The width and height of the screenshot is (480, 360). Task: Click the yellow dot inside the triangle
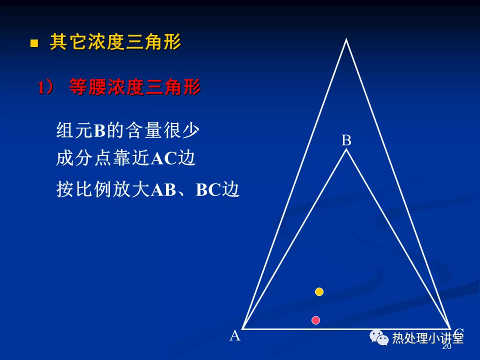pyautogui.click(x=319, y=291)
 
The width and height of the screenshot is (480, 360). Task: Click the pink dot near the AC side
pyautogui.click(x=315, y=320)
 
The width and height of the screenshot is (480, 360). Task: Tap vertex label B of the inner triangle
pyautogui.click(x=346, y=140)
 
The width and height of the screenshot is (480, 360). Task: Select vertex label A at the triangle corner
pyautogui.click(x=235, y=335)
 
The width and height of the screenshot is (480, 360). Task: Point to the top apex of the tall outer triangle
pyautogui.click(x=346, y=39)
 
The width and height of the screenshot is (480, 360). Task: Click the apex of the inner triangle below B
pyautogui.click(x=346, y=149)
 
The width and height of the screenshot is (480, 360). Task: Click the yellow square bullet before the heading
pyautogui.click(x=34, y=43)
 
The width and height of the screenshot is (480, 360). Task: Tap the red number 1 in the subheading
pyautogui.click(x=41, y=87)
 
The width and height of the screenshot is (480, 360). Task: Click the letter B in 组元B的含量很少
pyautogui.click(x=100, y=130)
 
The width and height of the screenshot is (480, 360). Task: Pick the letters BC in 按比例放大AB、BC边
pyautogui.click(x=208, y=190)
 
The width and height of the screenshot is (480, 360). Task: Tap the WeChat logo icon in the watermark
pyautogui.click(x=378, y=337)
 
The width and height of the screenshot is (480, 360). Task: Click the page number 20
pyautogui.click(x=447, y=346)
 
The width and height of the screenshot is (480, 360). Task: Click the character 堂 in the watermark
pyautogui.click(x=458, y=338)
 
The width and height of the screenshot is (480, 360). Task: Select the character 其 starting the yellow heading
pyautogui.click(x=59, y=42)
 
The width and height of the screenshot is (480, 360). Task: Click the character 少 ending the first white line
pyautogui.click(x=191, y=130)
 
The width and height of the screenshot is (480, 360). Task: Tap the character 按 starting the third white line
pyautogui.click(x=65, y=189)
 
